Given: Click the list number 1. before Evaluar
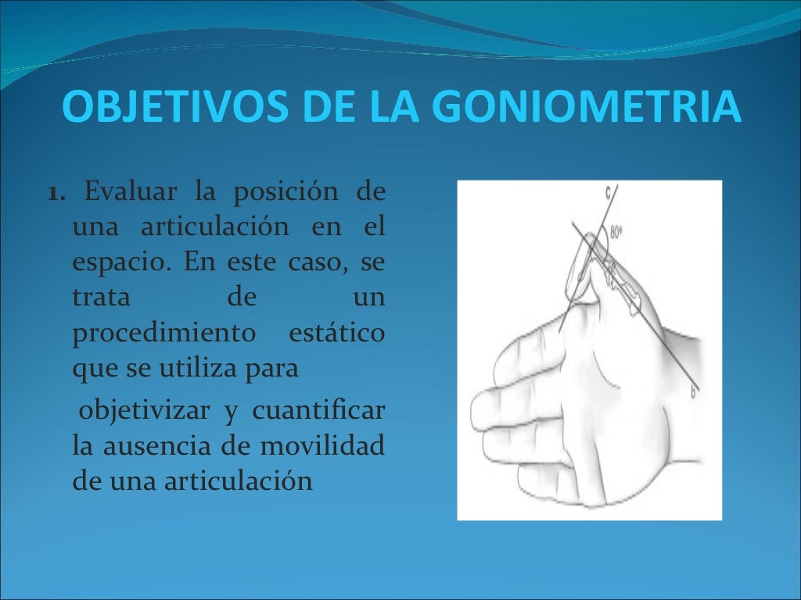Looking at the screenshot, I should (58, 192).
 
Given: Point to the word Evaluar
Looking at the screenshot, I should (124, 191).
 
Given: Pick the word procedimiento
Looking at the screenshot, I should (164, 334).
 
